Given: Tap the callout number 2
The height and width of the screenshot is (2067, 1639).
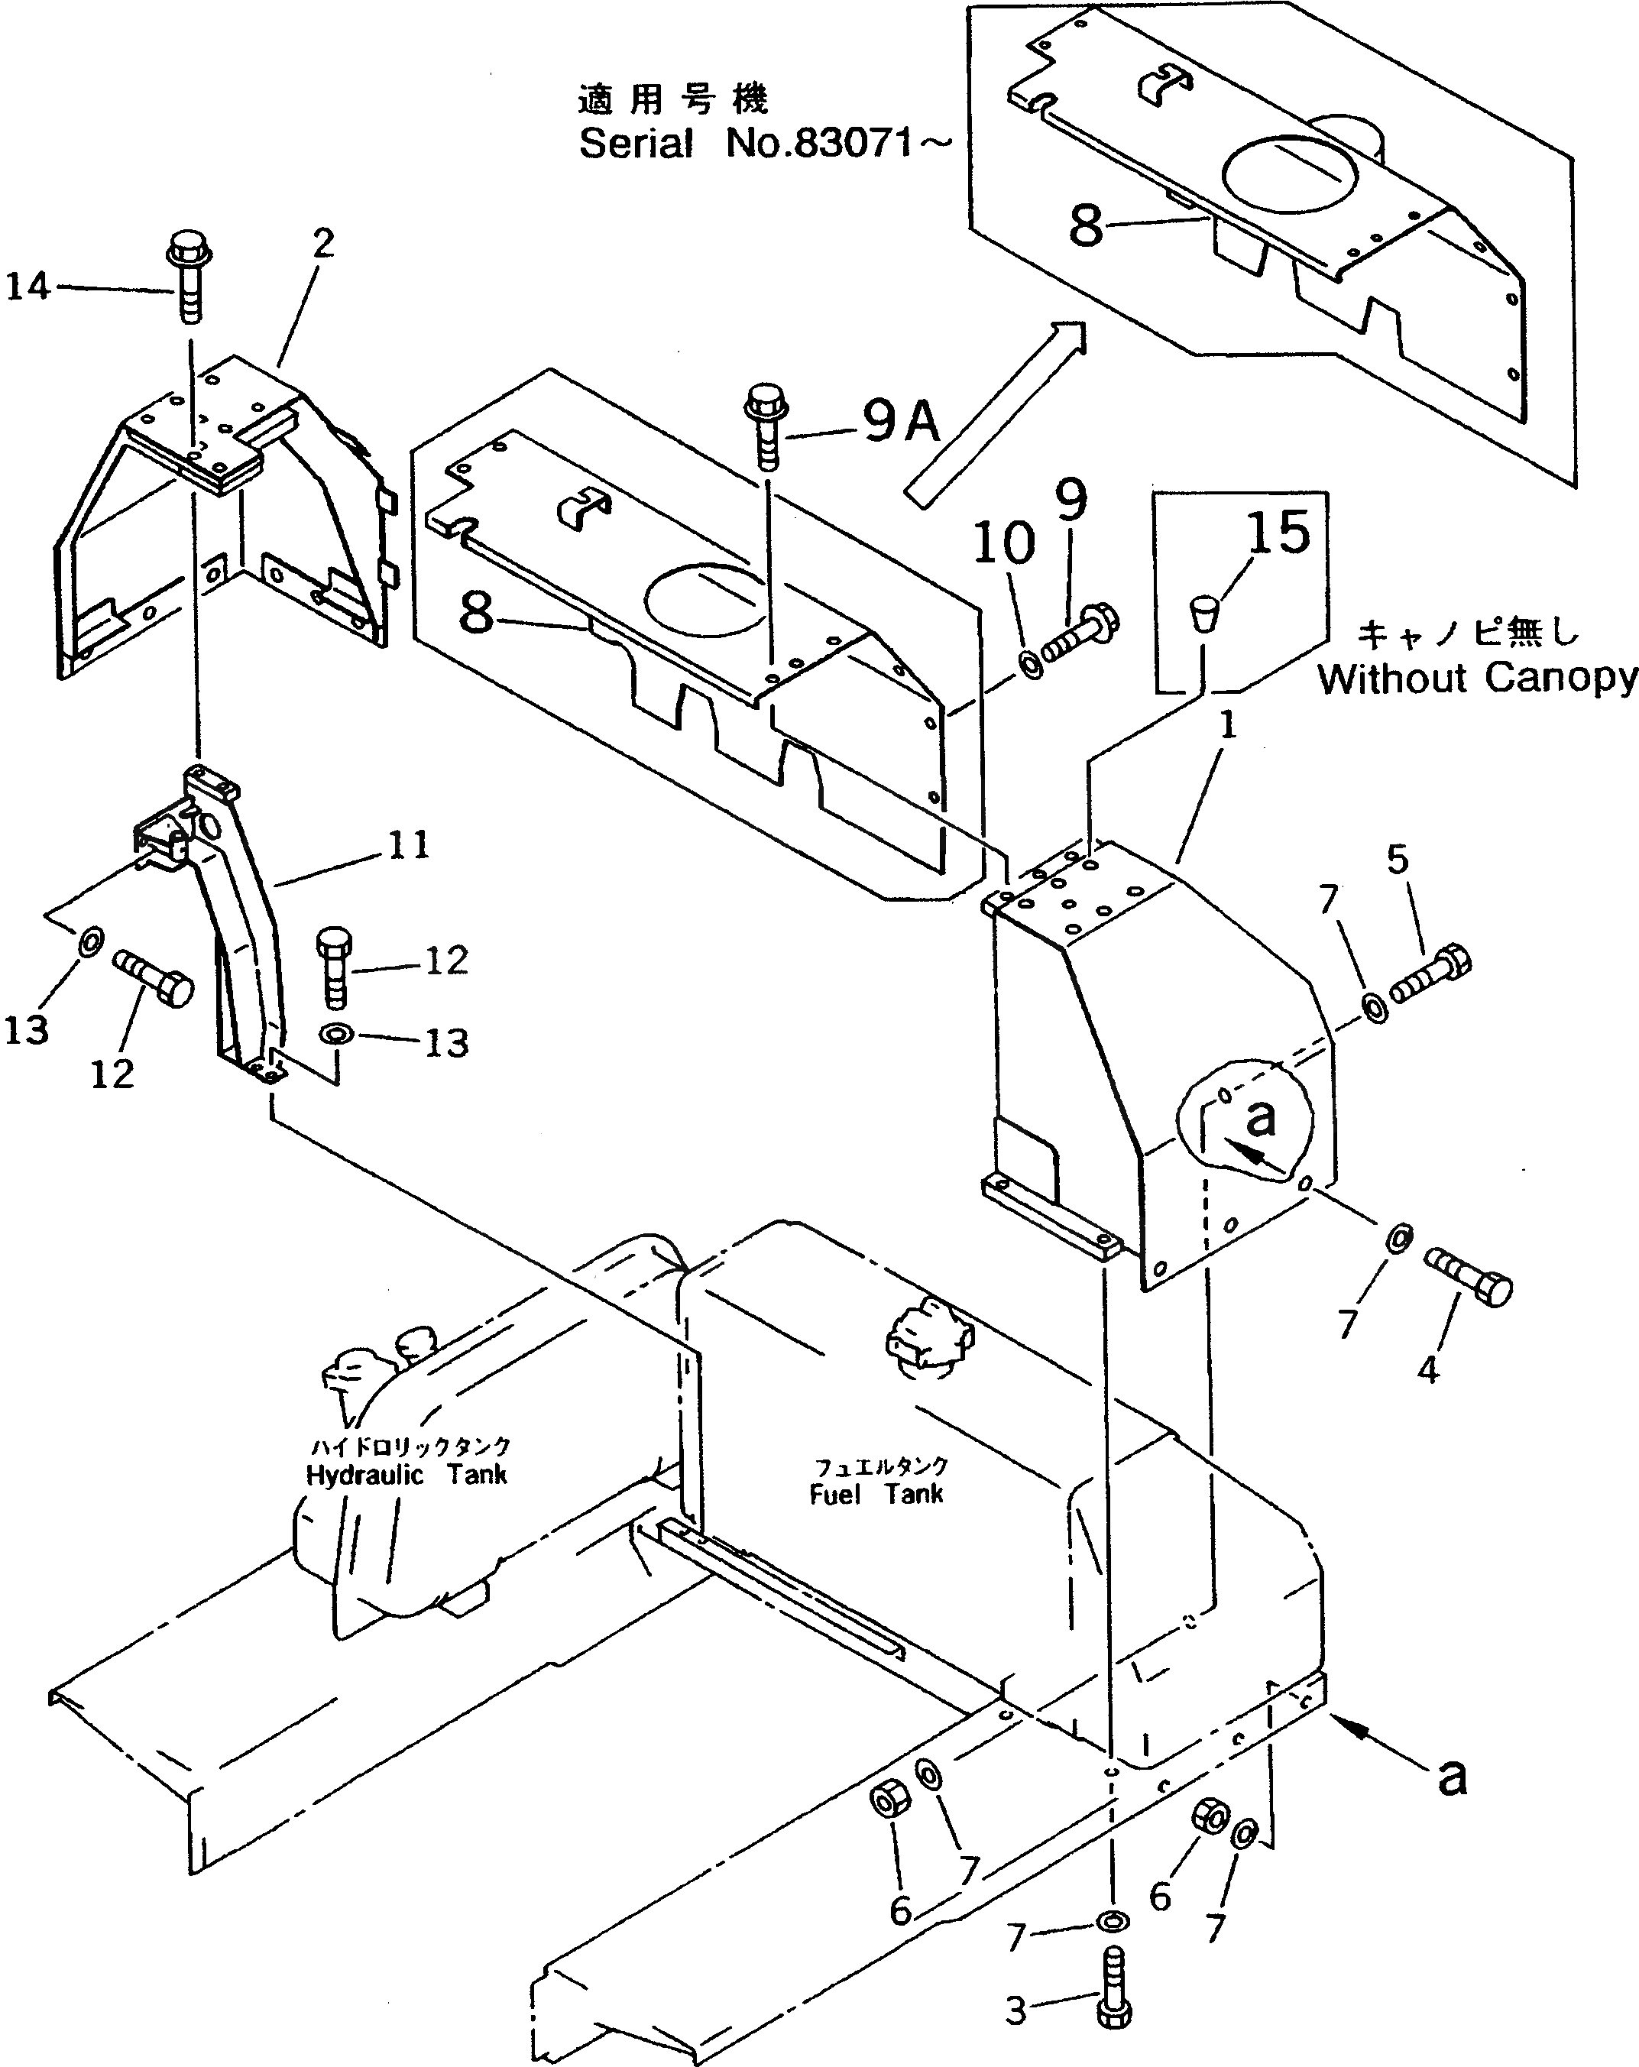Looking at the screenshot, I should click(324, 245).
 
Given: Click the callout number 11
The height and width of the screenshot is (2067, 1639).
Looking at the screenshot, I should click(410, 846).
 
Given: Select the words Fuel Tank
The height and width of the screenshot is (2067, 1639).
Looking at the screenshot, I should click(876, 1495).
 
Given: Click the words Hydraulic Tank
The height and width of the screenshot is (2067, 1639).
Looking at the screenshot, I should click(407, 1476).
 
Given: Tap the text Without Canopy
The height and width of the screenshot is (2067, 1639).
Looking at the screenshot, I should click(1477, 679).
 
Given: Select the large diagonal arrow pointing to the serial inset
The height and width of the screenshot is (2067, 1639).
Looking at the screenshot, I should click(997, 412).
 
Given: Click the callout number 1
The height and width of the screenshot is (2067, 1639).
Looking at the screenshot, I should click(1228, 725).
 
